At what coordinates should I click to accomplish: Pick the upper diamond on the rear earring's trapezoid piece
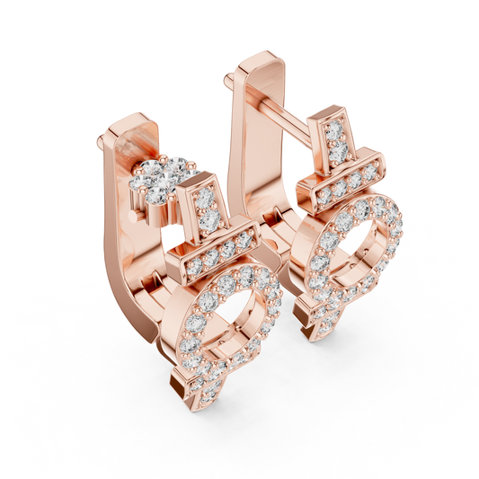point(332,131)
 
